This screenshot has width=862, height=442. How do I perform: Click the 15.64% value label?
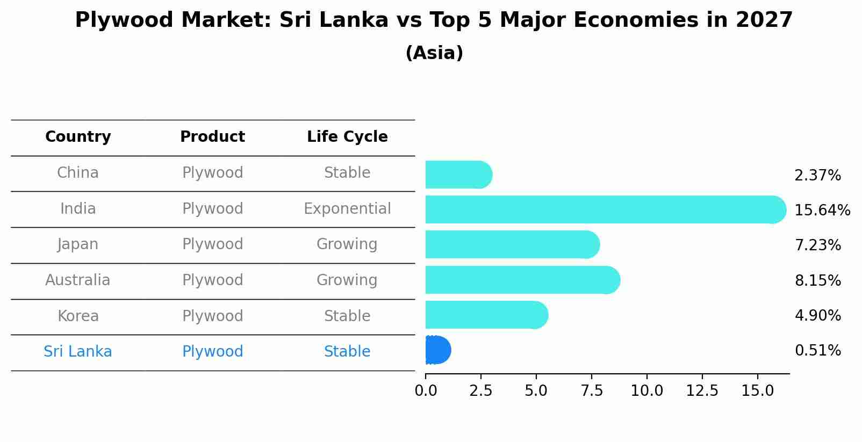point(822,210)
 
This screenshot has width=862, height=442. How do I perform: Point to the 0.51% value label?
point(817,351)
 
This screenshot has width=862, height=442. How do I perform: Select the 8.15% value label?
point(817,280)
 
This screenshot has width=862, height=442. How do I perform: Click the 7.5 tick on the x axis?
point(591,390)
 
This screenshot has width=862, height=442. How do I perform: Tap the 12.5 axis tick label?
point(702,390)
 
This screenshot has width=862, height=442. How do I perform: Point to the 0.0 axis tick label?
point(426,390)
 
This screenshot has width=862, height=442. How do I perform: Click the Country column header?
point(78,137)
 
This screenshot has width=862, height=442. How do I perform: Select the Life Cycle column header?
point(347,137)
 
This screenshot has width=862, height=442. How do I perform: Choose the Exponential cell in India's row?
point(347,208)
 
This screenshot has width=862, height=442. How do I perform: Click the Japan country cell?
point(78,244)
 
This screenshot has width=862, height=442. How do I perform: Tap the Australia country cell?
point(78,280)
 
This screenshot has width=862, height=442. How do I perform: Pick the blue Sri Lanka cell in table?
point(78,352)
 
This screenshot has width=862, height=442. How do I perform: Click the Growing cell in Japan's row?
point(347,244)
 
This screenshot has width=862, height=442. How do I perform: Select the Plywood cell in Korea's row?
point(213,316)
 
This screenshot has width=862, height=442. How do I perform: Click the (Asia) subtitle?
point(434,53)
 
